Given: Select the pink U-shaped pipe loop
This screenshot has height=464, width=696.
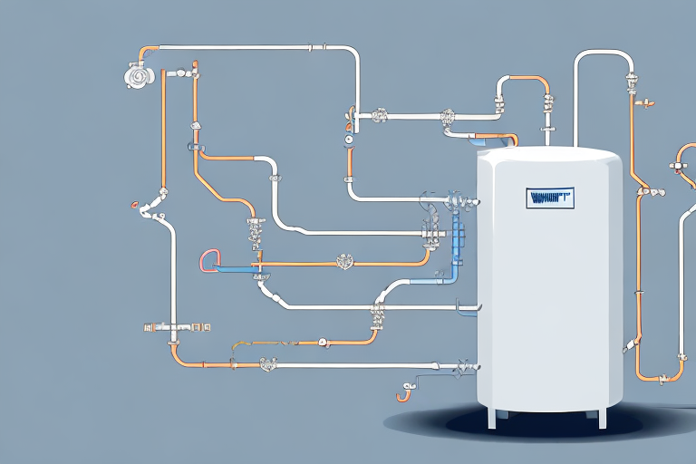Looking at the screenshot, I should (207, 261).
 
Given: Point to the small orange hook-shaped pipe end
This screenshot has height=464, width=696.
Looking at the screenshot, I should (403, 391).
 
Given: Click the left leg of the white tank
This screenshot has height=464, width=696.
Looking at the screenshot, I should (490, 417).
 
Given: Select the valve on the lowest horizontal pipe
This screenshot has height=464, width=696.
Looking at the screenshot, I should (269, 364).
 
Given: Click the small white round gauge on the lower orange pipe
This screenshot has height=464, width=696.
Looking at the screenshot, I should (321, 343).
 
